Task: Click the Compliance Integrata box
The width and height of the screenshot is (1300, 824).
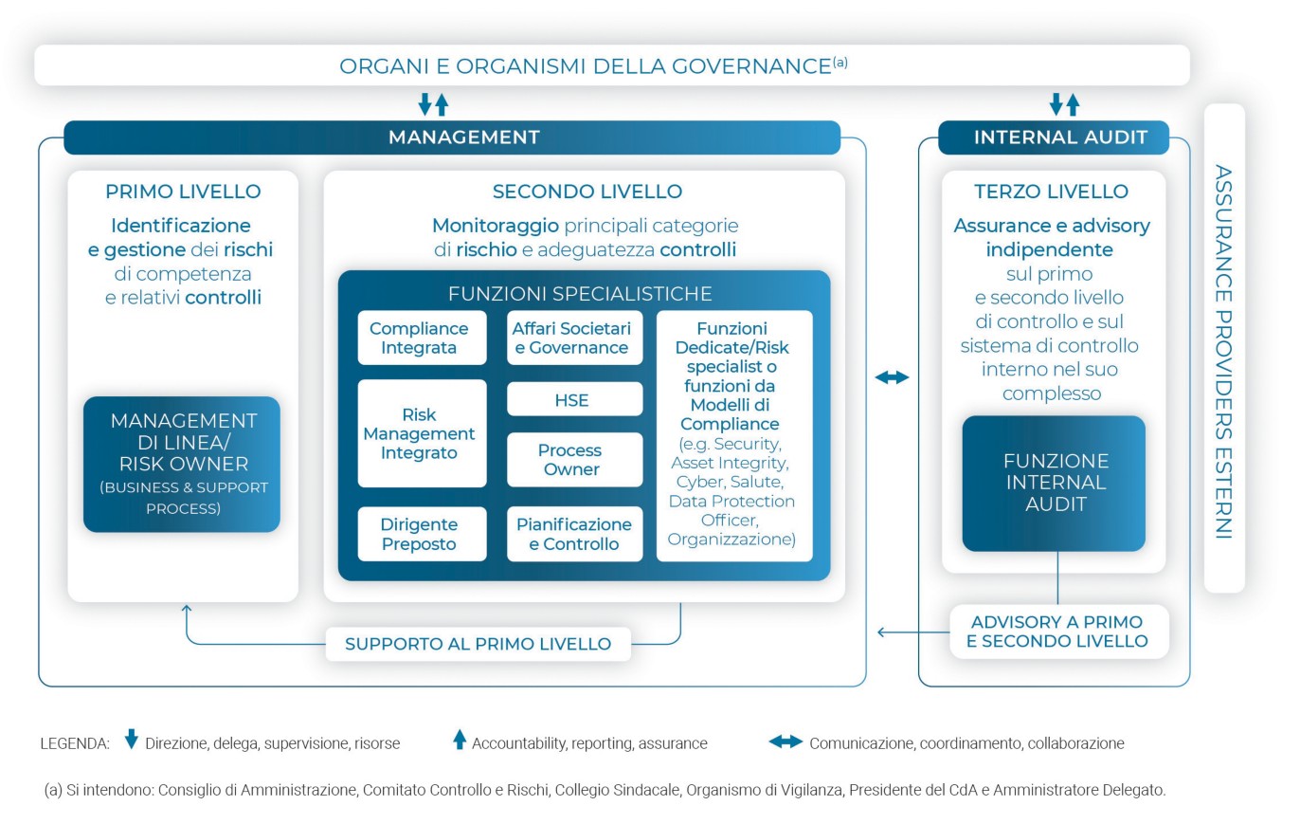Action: tap(421, 338)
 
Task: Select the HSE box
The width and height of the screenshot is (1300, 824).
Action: tap(573, 400)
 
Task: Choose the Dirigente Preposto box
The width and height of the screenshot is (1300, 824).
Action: tap(421, 534)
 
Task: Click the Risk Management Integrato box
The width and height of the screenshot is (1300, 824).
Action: tap(421, 433)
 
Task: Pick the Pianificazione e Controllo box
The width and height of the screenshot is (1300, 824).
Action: tap(573, 534)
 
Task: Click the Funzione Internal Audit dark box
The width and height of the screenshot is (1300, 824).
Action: tap(1054, 483)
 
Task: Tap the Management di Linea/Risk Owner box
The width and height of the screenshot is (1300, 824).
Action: tap(182, 464)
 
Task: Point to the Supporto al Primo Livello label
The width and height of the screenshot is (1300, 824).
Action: tap(478, 644)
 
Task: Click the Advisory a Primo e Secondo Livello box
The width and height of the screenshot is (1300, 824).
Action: tap(1056, 632)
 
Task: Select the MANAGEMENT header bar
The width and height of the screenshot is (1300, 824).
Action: tap(452, 137)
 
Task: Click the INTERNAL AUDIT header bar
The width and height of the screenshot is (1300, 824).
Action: tap(1054, 137)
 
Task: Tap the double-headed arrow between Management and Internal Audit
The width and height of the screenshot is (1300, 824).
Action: tap(892, 377)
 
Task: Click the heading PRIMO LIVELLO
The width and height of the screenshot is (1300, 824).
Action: tap(183, 192)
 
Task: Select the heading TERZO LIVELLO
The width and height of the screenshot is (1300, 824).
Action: tap(1051, 192)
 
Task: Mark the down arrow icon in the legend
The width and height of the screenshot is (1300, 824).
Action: tap(132, 741)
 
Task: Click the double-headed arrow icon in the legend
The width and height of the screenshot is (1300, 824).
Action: tap(785, 742)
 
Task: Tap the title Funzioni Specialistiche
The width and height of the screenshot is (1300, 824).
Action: tap(580, 293)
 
